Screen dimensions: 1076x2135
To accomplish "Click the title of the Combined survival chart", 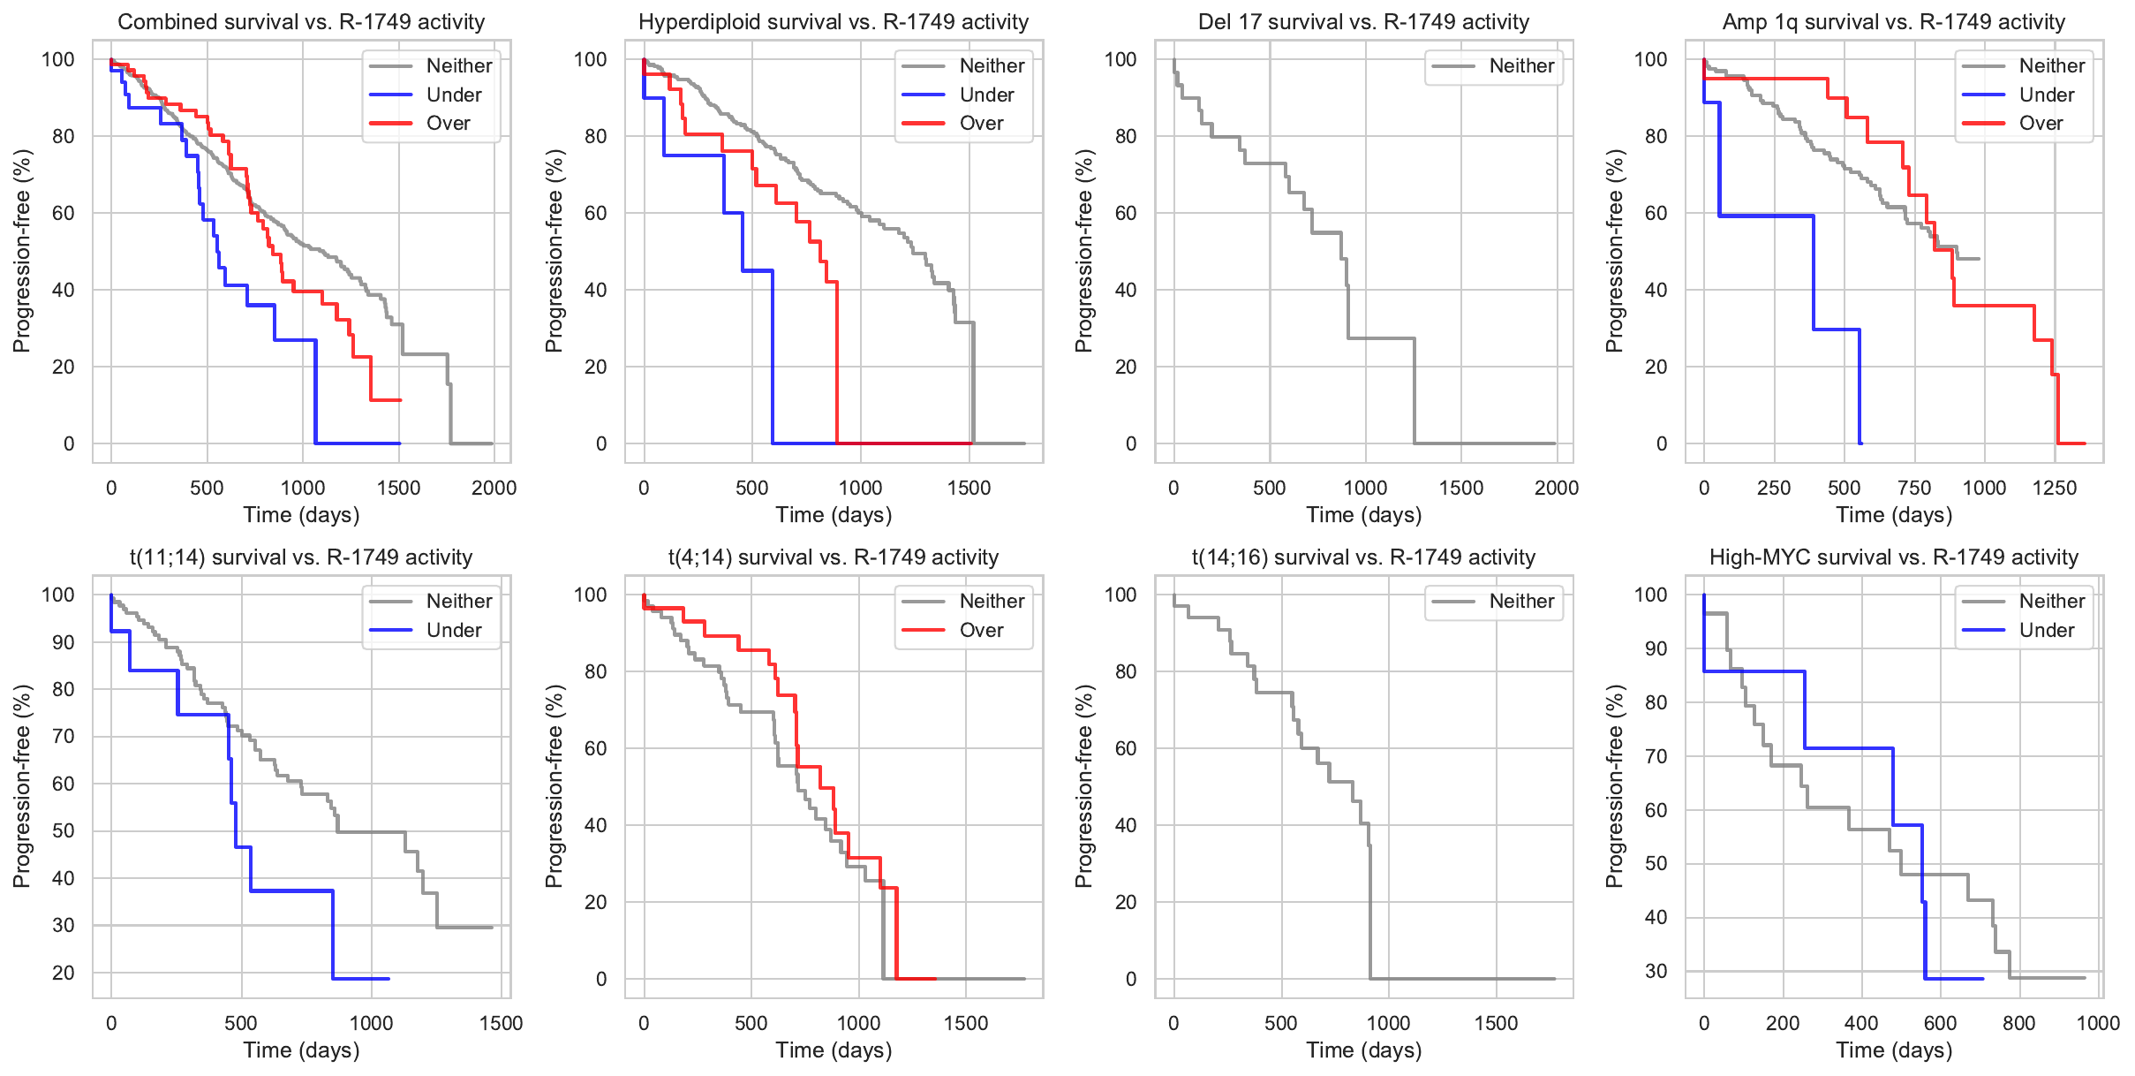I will [x=301, y=22].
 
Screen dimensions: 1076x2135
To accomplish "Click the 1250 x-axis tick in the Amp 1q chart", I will [x=2055, y=489].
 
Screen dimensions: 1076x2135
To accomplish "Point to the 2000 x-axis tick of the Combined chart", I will [x=494, y=489].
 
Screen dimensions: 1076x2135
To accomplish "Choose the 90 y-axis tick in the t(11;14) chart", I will [x=64, y=642].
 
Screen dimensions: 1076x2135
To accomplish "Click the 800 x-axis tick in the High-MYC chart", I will [x=2018, y=1024].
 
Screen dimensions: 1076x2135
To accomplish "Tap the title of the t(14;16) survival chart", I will [x=1363, y=557].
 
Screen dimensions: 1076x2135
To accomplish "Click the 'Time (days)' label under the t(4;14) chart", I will [x=834, y=1050].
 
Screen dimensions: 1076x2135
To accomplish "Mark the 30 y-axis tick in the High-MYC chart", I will [x=1656, y=971].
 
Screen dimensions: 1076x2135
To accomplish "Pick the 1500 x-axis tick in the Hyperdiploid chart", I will [x=969, y=489].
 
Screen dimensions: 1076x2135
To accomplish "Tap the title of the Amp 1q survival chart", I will [x=1893, y=22].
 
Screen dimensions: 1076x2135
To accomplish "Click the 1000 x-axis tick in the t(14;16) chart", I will [x=1388, y=1024].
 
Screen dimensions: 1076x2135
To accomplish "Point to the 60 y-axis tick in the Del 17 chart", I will [x=1125, y=213].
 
